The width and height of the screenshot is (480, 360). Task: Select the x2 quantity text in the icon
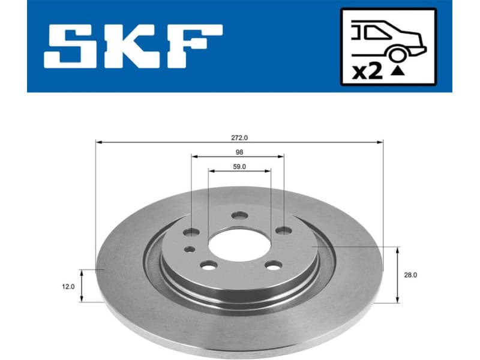367,72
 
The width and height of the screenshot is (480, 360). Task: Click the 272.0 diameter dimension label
239,137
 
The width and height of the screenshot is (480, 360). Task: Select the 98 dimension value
239,152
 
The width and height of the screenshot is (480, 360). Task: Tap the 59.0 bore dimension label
239,166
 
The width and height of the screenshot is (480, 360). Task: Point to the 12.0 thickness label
68,287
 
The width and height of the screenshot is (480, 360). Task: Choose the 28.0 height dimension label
411,275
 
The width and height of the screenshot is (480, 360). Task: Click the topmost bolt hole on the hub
239,215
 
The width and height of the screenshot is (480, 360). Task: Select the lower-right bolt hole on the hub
273,266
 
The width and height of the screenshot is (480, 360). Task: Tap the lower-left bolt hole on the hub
208,265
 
